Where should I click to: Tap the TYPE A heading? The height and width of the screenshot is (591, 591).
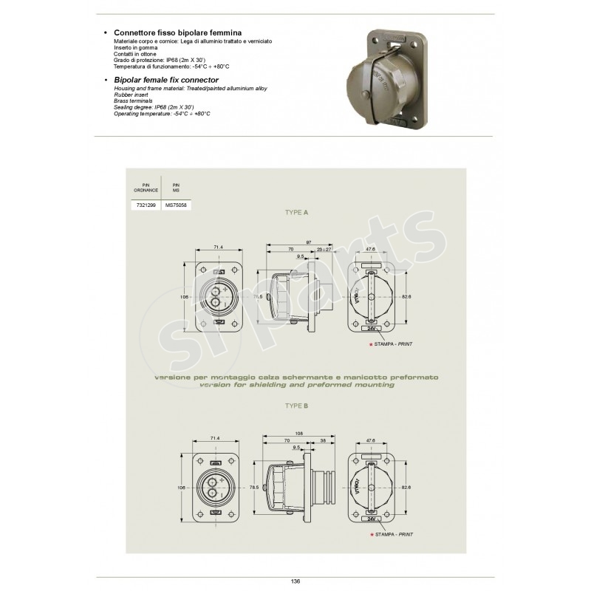(296, 212)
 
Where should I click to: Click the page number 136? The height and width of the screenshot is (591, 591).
(295, 581)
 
